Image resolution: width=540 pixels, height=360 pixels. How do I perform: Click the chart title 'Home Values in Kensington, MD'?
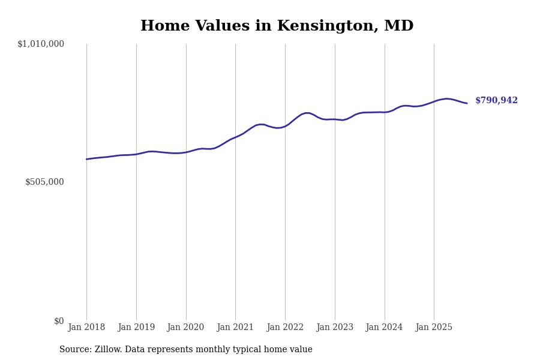point(277,26)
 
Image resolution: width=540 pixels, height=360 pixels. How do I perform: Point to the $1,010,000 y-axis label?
point(41,44)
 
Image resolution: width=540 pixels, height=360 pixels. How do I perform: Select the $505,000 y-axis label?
point(44,182)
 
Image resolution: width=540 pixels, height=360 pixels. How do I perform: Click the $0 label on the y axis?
point(59,321)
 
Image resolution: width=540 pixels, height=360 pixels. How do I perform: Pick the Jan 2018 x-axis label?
point(86,328)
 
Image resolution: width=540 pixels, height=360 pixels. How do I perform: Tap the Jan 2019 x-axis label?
point(136,328)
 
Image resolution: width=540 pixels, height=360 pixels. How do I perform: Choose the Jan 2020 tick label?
point(185,328)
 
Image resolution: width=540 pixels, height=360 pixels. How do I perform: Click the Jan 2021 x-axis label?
point(235,328)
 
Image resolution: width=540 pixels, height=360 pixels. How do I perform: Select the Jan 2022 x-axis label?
point(285,328)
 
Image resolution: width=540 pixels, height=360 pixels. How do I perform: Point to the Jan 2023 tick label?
point(335,328)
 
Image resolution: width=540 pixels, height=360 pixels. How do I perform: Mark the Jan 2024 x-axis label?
point(385,328)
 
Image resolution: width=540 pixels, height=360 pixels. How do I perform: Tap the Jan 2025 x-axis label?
point(434,328)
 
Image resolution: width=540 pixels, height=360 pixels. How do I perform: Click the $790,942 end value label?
point(496,101)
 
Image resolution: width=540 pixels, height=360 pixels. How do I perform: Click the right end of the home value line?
point(467,103)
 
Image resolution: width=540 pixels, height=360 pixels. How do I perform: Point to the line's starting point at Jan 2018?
point(86,159)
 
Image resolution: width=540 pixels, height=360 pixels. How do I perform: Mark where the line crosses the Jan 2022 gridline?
point(285,126)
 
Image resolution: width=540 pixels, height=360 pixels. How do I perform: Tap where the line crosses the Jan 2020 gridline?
point(186,152)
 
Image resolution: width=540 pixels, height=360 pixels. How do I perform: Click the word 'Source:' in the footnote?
point(74,350)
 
